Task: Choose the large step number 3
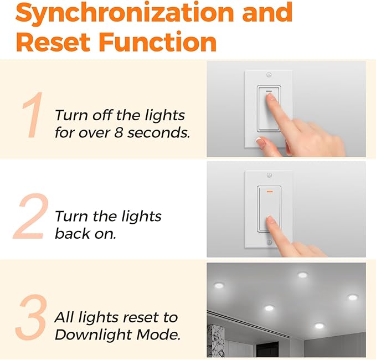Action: (x=31, y=318)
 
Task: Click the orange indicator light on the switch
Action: (x=269, y=193)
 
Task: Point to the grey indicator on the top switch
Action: (x=269, y=91)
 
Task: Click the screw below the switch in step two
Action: (x=269, y=243)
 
